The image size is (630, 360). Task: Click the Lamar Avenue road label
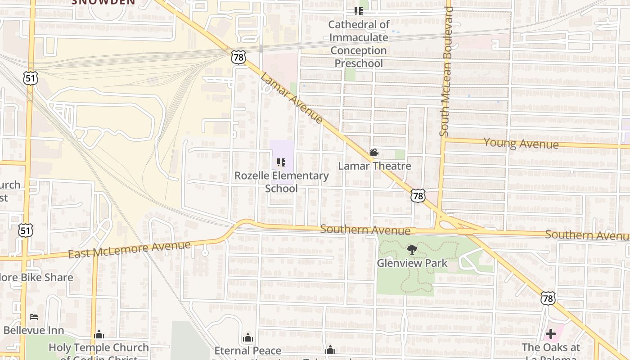pos(292,98)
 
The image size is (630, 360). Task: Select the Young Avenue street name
pos(521,144)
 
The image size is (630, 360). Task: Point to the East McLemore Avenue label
pos(129,249)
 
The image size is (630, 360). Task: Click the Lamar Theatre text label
pos(374,166)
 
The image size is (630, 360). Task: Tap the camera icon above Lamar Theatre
pos(374,153)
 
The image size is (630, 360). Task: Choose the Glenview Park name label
pos(412,263)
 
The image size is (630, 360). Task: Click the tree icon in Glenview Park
pos(411,250)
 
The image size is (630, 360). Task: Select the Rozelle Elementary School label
pos(281,182)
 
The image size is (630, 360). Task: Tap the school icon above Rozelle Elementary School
pos(281,162)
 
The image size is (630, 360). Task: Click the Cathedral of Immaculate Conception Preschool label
pos(359,44)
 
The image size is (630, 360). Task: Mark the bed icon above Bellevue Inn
pos(34,317)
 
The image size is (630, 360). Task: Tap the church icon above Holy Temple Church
pos(99,334)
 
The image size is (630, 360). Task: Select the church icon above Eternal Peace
pos(247,337)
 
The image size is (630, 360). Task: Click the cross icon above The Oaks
pos(550,334)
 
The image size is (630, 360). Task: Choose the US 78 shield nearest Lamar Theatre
pos(418,196)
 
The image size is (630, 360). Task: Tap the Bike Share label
pos(36,277)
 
